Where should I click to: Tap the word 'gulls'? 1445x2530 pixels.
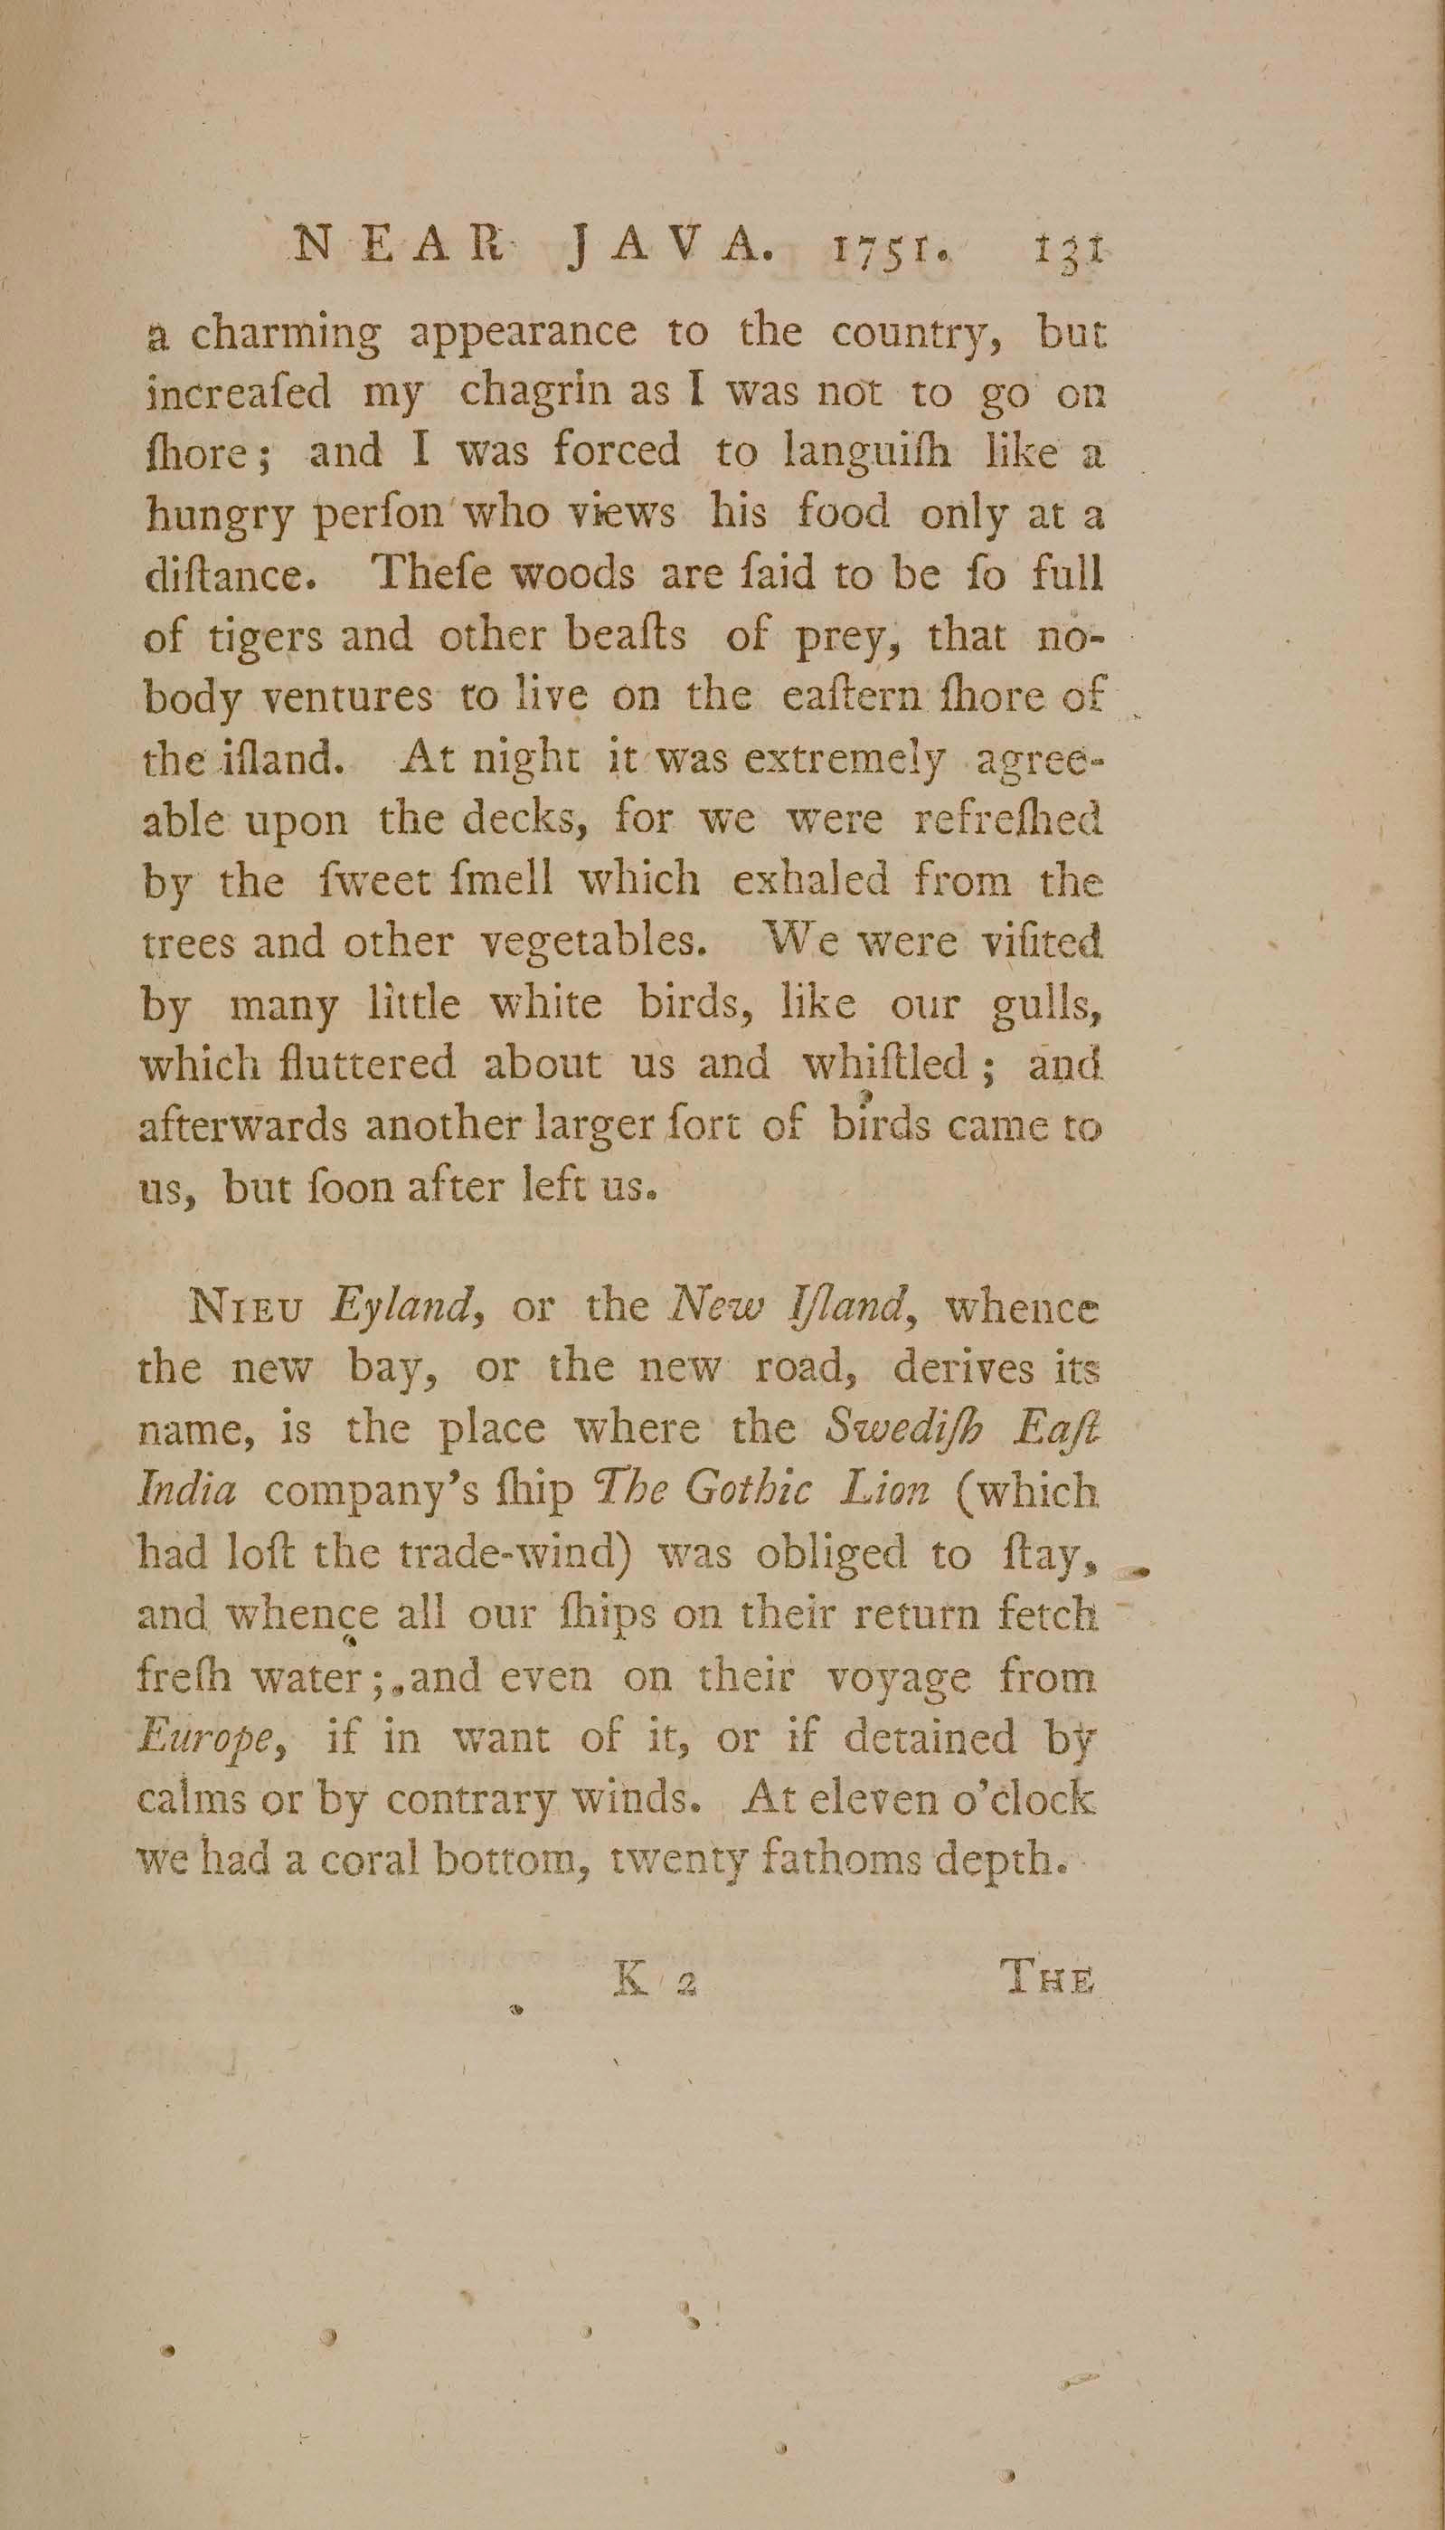(x=1048, y=1008)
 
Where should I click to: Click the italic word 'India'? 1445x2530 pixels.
(x=187, y=1492)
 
